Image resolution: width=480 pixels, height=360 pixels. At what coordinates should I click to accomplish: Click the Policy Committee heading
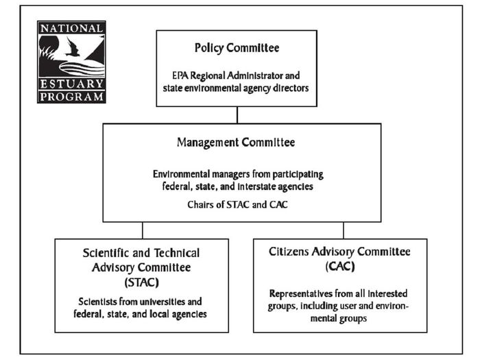pos(237,48)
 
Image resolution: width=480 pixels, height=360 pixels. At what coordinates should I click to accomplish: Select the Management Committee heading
pos(236,143)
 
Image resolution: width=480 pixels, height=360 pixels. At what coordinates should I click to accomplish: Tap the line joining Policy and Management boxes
pos(237,115)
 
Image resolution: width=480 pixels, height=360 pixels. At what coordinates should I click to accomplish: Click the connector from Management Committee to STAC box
pos(143,230)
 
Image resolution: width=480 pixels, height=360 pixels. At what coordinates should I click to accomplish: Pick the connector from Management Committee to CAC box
pos(344,230)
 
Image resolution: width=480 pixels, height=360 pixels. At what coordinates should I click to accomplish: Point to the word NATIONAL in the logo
pos(71,29)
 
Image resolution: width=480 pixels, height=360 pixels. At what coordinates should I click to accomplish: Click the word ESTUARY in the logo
pos(71,84)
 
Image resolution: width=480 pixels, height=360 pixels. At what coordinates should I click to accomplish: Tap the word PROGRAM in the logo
pos(71,97)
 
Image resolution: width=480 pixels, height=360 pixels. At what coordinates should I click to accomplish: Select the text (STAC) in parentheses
pos(142,283)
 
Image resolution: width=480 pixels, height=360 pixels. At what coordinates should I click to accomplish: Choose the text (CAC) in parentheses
pos(340,266)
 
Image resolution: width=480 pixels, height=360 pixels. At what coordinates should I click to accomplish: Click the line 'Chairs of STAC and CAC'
pos(237,204)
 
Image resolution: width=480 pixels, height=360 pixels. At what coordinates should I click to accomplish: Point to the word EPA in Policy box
pos(180,75)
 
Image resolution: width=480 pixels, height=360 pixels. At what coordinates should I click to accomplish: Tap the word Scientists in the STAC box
pos(97,302)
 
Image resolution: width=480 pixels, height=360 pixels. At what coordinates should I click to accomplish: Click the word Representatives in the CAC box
pos(301,294)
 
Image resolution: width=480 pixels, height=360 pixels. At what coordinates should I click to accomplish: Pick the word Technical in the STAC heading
pos(177,253)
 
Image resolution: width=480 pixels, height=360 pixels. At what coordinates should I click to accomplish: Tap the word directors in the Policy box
pos(291,88)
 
